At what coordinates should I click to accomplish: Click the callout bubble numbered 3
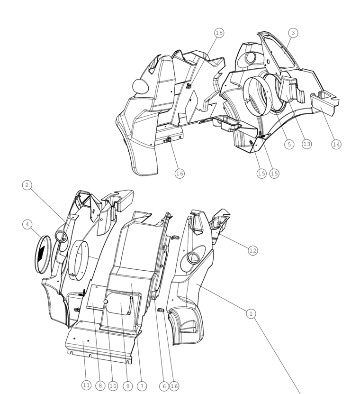293,33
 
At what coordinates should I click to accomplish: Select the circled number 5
289,144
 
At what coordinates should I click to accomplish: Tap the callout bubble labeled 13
306,144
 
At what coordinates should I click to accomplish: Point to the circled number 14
336,144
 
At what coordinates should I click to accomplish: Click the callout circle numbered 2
27,185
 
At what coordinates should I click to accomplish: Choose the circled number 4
27,224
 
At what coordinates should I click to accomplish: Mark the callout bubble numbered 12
252,250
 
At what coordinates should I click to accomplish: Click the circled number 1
251,313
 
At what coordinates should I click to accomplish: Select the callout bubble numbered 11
86,385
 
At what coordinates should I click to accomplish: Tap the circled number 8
100,386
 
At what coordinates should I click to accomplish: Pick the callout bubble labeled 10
113,386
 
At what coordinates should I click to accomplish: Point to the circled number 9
127,386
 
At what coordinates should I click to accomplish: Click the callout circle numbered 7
142,386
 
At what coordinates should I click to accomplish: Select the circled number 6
164,386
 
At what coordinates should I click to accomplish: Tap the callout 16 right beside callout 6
174,386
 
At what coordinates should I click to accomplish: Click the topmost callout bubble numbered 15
219,33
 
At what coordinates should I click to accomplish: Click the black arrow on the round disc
41,252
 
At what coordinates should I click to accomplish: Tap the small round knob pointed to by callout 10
106,302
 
